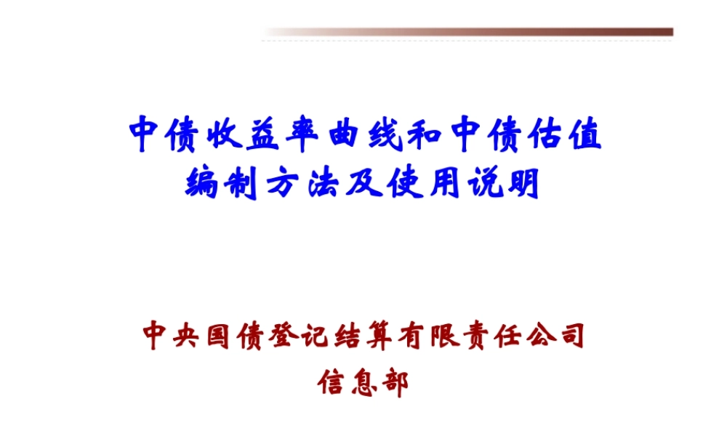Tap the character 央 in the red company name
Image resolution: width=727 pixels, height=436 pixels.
[x=194, y=336]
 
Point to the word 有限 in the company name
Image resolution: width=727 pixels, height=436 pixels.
[x=449, y=336]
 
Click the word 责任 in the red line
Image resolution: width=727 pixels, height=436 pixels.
[x=517, y=336]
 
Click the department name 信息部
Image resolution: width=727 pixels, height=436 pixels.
[x=363, y=382]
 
